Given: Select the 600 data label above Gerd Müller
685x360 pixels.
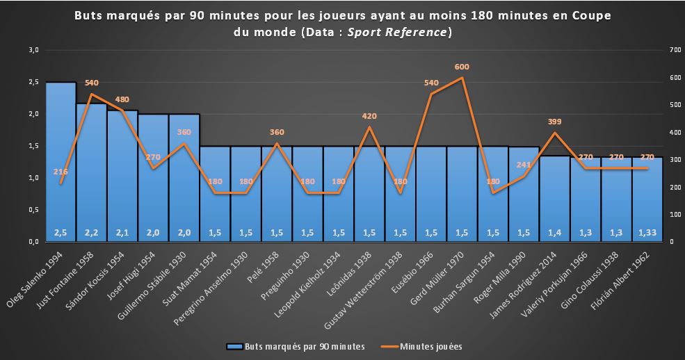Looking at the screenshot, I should coord(462,67).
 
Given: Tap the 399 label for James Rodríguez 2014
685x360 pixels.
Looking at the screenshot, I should coord(554,122).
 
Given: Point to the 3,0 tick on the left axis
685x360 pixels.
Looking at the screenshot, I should coord(33,50).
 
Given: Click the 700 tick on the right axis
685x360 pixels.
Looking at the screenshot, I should coord(672,50).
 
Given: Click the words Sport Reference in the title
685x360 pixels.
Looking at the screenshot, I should coord(407,33).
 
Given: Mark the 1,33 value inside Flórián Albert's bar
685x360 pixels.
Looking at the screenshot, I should coord(647,231).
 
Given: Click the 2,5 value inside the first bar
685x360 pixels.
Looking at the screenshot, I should coord(61,231).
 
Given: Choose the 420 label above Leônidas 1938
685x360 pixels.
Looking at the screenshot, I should coord(369,116).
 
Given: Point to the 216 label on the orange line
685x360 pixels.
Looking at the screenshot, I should coord(61,172).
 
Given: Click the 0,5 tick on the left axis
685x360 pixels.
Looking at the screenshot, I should coord(33,210).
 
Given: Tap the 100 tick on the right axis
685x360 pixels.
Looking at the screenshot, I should coord(672,214).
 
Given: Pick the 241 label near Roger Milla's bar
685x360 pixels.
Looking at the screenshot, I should coord(523,165).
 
